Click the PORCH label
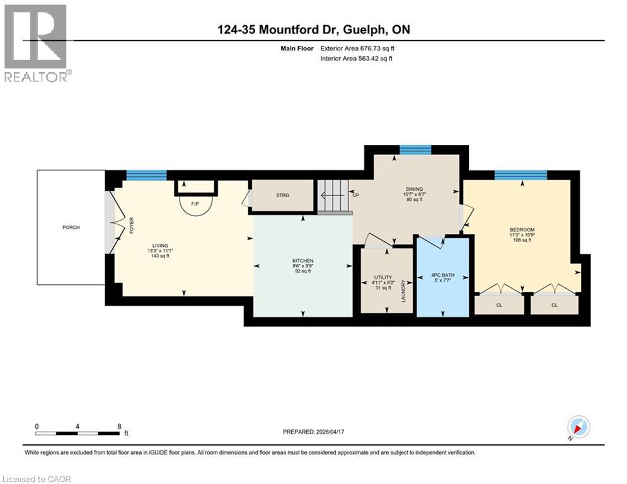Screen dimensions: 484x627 pyautogui.click(x=71, y=228)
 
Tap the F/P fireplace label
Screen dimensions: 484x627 pyautogui.click(x=195, y=204)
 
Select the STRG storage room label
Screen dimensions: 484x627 pyautogui.click(x=282, y=195)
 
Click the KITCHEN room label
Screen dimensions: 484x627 pyautogui.click(x=302, y=261)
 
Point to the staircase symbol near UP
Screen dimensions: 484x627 pyautogui.click(x=332, y=196)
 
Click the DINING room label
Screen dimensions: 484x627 pyautogui.click(x=414, y=189)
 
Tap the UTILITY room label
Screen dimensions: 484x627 pyautogui.click(x=383, y=277)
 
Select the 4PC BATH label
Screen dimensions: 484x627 pyautogui.click(x=442, y=275)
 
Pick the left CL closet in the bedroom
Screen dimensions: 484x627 pyautogui.click(x=498, y=305)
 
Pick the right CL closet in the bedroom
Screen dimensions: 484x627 pyautogui.click(x=555, y=305)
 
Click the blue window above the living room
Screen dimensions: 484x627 pyautogui.click(x=146, y=175)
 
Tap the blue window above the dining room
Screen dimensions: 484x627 pyautogui.click(x=415, y=149)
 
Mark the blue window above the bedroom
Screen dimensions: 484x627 pyautogui.click(x=521, y=175)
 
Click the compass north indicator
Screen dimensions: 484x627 pyautogui.click(x=578, y=427)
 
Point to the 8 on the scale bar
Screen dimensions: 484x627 pyautogui.click(x=119, y=426)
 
